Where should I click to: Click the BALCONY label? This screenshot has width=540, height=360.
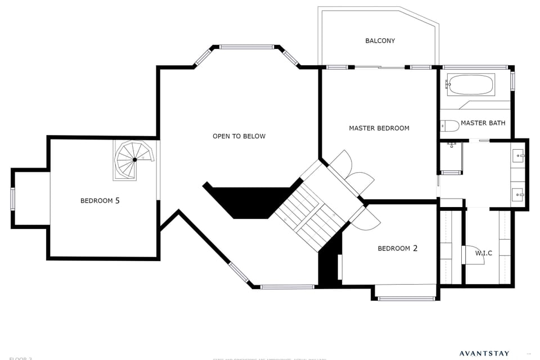tap(380, 40)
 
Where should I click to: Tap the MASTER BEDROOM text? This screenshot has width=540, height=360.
tap(379, 128)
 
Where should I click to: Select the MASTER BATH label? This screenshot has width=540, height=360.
tap(483, 123)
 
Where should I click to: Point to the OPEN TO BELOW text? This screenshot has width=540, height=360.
tap(239, 136)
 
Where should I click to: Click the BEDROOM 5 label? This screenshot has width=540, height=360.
tap(100, 200)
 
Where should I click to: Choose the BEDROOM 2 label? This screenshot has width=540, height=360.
tap(397, 248)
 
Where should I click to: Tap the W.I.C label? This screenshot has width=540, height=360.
tap(483, 253)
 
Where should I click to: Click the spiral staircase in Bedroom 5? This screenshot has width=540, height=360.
tap(134, 160)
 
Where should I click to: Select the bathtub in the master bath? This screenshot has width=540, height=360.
tap(470, 85)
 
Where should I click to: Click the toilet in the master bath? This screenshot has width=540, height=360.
tap(450, 125)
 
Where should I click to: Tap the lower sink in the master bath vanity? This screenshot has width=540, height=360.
tap(518, 195)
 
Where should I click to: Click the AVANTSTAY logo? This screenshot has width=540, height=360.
tap(484, 354)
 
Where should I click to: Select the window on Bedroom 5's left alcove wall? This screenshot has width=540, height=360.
tap(13, 199)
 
